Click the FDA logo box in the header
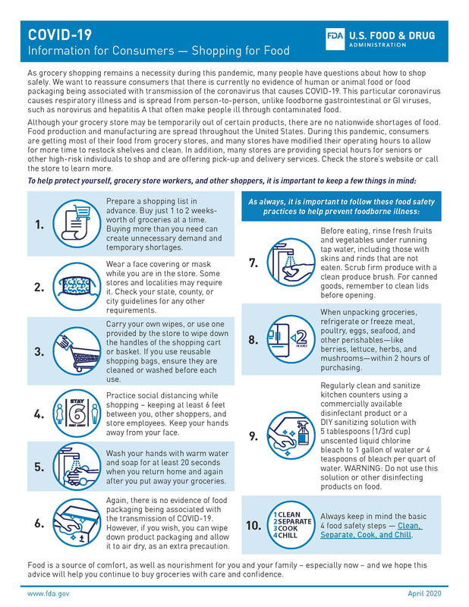(x=335, y=40)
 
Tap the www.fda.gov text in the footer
(x=49, y=593)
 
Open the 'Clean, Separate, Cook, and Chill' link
(x=370, y=530)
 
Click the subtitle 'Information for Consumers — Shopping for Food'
(x=159, y=51)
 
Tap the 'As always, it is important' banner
(x=341, y=206)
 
